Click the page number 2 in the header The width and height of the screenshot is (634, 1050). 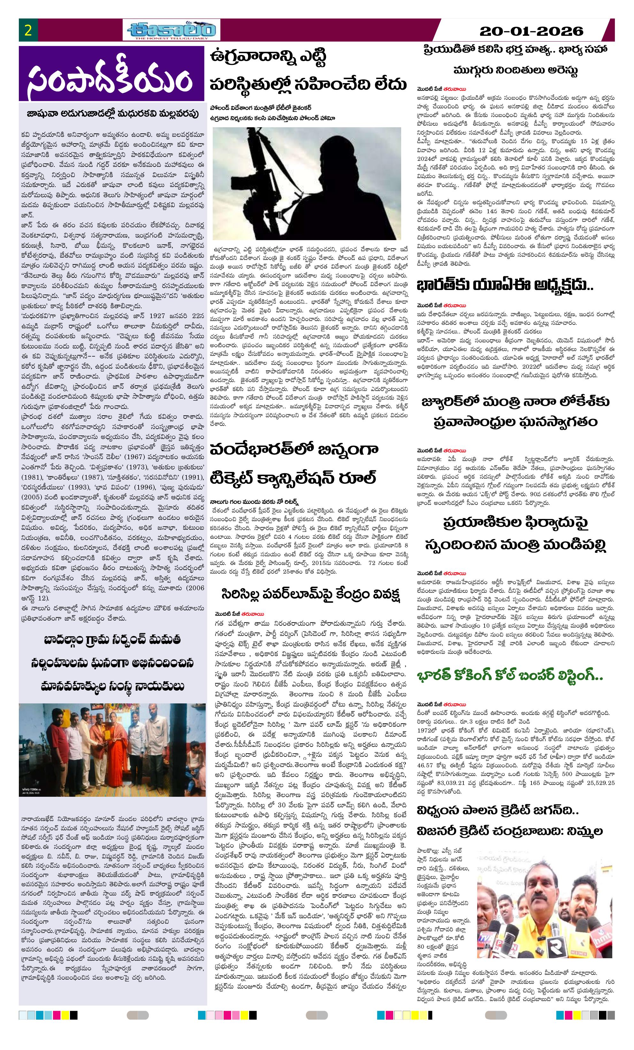coord(28,31)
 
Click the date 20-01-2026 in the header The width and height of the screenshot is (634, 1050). coord(531,31)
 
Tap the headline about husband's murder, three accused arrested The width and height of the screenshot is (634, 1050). coord(515,60)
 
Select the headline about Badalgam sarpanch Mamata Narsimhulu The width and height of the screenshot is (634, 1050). coord(112,662)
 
